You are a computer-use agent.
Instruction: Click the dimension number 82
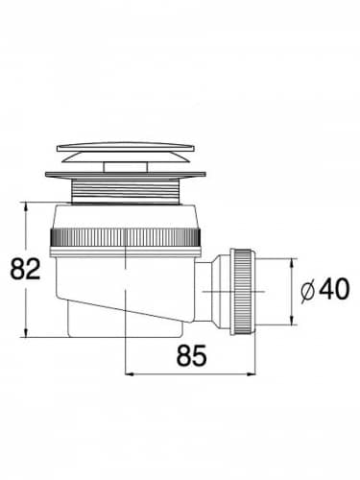click(x=25, y=269)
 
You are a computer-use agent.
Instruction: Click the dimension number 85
click(x=191, y=355)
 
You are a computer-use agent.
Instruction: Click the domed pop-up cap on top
click(x=126, y=153)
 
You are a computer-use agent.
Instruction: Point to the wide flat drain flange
click(x=126, y=175)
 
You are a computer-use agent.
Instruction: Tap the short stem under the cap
click(x=126, y=167)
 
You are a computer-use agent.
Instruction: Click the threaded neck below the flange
click(x=126, y=190)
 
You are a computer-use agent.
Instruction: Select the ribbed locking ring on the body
click(x=126, y=237)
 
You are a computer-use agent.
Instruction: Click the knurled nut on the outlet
click(x=243, y=291)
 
